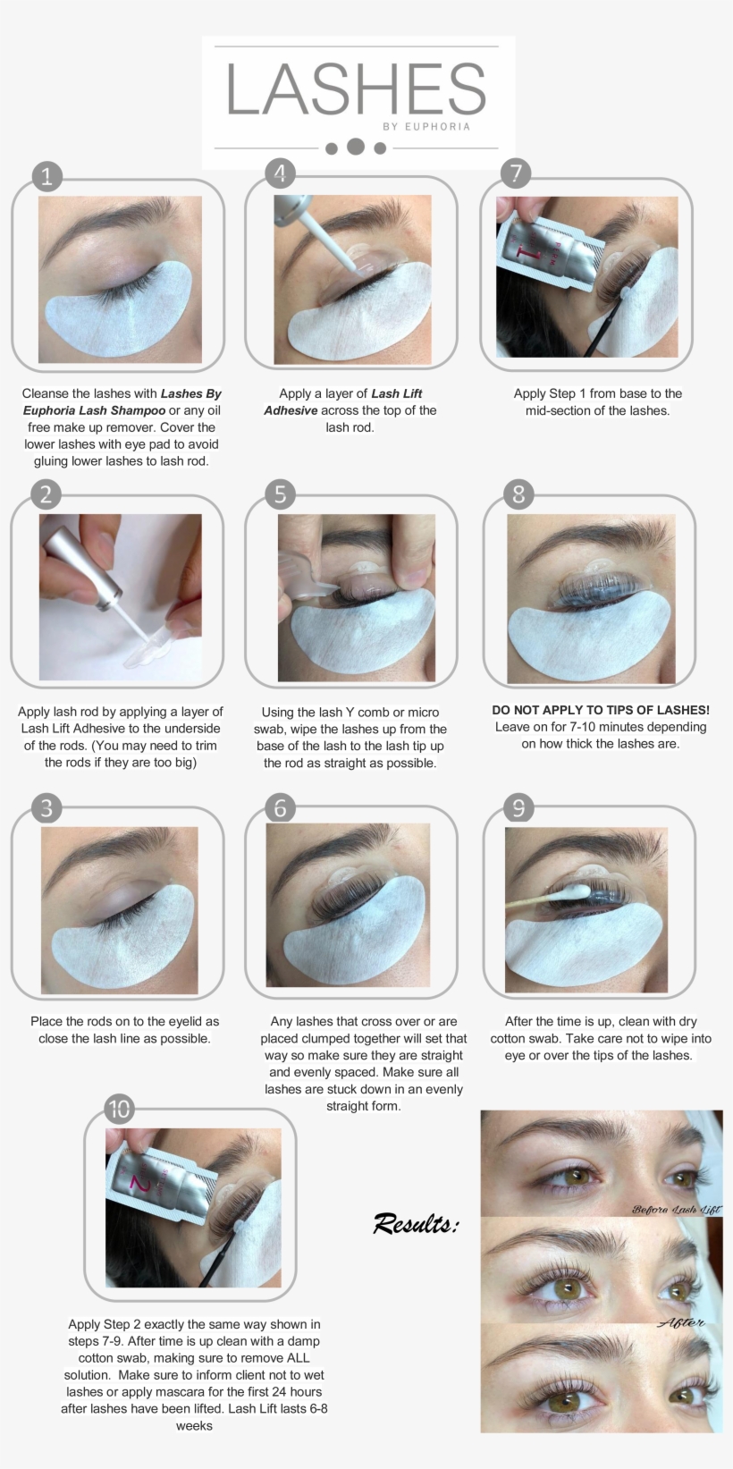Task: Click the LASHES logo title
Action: [x=356, y=89]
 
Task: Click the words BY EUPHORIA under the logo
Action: [x=426, y=127]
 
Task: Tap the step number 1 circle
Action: [x=46, y=175]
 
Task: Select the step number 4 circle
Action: [x=280, y=173]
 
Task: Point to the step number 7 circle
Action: [x=516, y=173]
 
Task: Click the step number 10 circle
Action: [x=119, y=1110]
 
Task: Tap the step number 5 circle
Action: [x=280, y=494]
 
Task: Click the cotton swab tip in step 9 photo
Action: [x=576, y=891]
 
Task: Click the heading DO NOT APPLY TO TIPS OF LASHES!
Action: [x=601, y=710]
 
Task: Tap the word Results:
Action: [x=416, y=1223]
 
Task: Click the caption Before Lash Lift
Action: [x=676, y=1209]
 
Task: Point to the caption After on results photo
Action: [x=681, y=1322]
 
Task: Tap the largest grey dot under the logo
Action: [x=356, y=146]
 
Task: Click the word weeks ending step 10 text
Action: [x=194, y=1425]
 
